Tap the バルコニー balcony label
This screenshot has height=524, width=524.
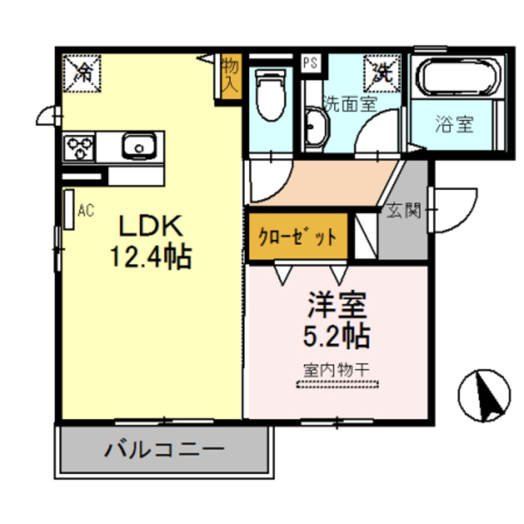164,449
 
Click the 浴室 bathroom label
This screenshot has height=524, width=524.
454,125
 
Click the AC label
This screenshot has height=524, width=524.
85,210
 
